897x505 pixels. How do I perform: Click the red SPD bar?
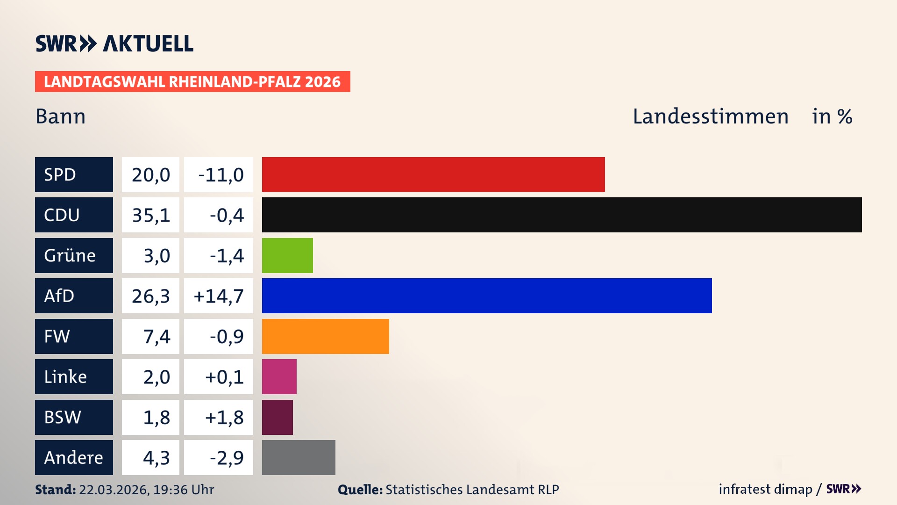pyautogui.click(x=433, y=174)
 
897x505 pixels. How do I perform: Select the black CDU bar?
pyautogui.click(x=562, y=215)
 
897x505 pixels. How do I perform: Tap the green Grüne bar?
pyautogui.click(x=287, y=255)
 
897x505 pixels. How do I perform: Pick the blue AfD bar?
pyautogui.click(x=487, y=296)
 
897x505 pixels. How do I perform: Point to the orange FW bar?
pyautogui.click(x=325, y=336)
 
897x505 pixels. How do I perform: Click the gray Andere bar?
pyautogui.click(x=299, y=457)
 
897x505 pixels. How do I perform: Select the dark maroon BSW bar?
pyautogui.click(x=278, y=417)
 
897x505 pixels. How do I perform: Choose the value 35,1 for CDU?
pyautogui.click(x=150, y=215)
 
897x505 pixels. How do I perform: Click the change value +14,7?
pyautogui.click(x=219, y=296)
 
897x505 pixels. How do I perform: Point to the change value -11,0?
pyautogui.click(x=221, y=175)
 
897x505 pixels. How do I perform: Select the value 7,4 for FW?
pyautogui.click(x=157, y=337)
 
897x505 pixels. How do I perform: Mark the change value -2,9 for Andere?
pyautogui.click(x=227, y=458)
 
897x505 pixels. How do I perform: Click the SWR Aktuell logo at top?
pyautogui.click(x=114, y=43)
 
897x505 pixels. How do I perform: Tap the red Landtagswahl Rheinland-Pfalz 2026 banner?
pyautogui.click(x=192, y=82)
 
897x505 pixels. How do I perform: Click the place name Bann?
pyautogui.click(x=61, y=116)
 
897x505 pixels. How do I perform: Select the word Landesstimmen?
pyautogui.click(x=710, y=116)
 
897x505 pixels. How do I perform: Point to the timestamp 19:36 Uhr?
pyautogui.click(x=183, y=490)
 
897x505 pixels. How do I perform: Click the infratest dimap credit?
pyautogui.click(x=765, y=489)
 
